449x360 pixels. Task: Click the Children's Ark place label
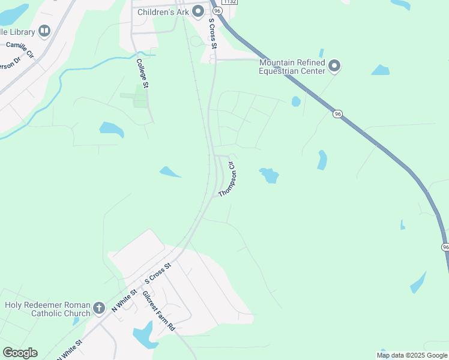point(163,11)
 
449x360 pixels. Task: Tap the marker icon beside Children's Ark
point(198,11)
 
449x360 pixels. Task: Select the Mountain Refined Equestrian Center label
point(292,67)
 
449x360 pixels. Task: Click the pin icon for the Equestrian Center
point(335,65)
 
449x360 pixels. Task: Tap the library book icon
point(44,30)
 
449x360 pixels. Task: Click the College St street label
point(143,73)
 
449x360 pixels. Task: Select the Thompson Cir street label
point(229,179)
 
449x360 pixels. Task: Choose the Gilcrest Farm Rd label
point(158,311)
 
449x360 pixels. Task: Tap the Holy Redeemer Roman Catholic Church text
point(47,308)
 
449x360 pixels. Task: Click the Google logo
point(20,353)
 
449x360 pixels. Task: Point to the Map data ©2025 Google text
point(412,355)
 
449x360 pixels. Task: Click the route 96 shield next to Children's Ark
point(217,11)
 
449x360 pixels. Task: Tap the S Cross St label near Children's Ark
point(212,33)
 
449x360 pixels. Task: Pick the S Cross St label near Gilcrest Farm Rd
point(158,273)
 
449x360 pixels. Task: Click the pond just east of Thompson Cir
point(269,175)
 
